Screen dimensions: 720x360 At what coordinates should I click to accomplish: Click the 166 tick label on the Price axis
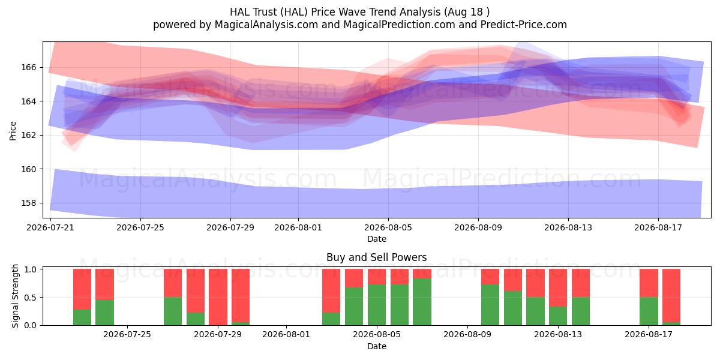click(29, 67)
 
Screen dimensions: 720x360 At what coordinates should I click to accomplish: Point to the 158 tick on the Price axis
click(29, 203)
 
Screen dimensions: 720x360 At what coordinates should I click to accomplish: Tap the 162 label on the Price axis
click(29, 136)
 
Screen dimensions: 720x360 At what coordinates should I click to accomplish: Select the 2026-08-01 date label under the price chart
click(298, 227)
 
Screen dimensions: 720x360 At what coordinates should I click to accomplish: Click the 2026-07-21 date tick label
click(50, 227)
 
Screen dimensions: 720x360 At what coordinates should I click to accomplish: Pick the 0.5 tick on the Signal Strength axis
click(31, 298)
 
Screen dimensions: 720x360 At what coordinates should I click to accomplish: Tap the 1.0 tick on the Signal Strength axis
click(31, 269)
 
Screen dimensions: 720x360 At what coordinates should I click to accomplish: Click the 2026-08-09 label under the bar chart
click(467, 335)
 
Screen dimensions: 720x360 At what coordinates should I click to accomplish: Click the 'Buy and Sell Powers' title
click(376, 257)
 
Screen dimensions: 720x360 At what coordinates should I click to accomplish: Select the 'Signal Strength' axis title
click(15, 296)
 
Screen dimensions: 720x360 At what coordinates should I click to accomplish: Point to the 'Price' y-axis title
click(13, 131)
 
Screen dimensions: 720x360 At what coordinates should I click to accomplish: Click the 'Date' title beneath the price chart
click(377, 239)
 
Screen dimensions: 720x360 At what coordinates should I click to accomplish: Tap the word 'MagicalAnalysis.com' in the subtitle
click(266, 25)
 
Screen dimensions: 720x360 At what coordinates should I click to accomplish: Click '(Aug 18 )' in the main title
click(467, 12)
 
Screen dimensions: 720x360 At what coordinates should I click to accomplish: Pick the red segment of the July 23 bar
click(104, 284)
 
